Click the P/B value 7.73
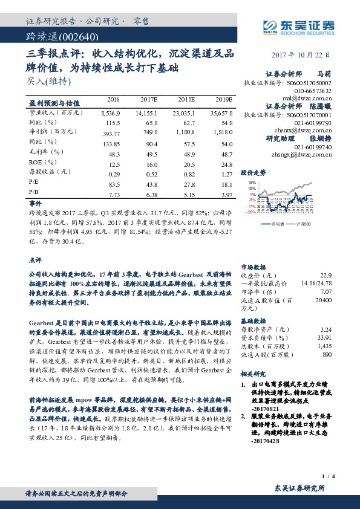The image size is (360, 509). click(x=113, y=195)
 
